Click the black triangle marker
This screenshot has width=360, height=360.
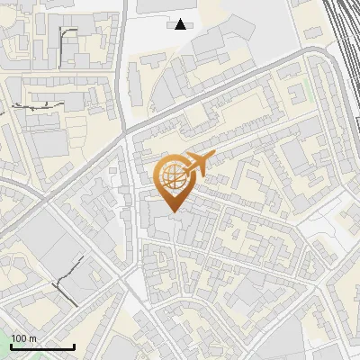181,24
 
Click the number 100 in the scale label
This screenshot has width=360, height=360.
20,338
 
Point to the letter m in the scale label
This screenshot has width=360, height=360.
33,338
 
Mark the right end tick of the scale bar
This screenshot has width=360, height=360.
74,346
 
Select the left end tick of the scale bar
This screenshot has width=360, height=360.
11,346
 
